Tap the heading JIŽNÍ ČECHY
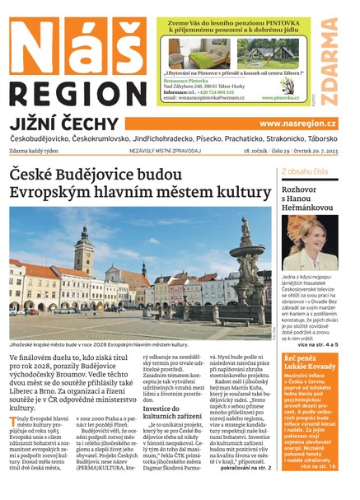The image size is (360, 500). coord(65,124)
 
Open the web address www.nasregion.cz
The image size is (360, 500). coord(297,124)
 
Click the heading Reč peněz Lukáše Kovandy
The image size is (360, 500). coord(311,363)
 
